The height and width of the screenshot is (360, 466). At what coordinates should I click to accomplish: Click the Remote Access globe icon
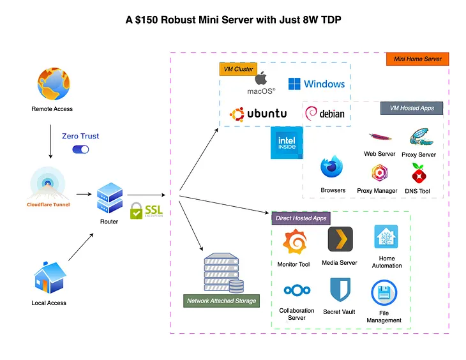pyautogui.click(x=53, y=86)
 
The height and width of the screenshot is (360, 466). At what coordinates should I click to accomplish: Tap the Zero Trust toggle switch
pyautogui.click(x=80, y=149)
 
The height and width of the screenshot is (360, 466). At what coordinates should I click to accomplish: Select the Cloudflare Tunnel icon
pyautogui.click(x=48, y=184)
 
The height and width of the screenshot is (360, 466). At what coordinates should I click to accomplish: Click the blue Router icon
pyautogui.click(x=109, y=198)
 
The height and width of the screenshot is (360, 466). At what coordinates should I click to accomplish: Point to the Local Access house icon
pyautogui.click(x=49, y=280)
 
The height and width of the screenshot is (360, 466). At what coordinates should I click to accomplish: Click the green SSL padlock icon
pyautogui.click(x=136, y=211)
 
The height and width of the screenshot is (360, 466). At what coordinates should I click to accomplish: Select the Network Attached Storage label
pyautogui.click(x=222, y=301)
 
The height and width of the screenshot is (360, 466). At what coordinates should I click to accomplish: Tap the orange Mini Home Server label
pyautogui.click(x=417, y=59)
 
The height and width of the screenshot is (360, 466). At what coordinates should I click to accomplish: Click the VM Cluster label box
pyautogui.click(x=238, y=69)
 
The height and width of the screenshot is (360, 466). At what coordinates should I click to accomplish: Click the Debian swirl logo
pyautogui.click(x=312, y=114)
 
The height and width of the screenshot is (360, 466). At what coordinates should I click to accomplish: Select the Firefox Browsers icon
pyautogui.click(x=333, y=169)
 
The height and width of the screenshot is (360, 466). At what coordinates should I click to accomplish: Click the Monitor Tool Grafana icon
pyautogui.click(x=294, y=243)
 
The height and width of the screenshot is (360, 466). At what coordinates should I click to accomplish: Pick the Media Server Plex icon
pyautogui.click(x=340, y=239)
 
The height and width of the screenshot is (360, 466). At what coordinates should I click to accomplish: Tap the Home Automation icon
pyautogui.click(x=386, y=237)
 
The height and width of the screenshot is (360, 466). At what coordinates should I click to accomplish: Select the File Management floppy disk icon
pyautogui.click(x=384, y=293)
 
